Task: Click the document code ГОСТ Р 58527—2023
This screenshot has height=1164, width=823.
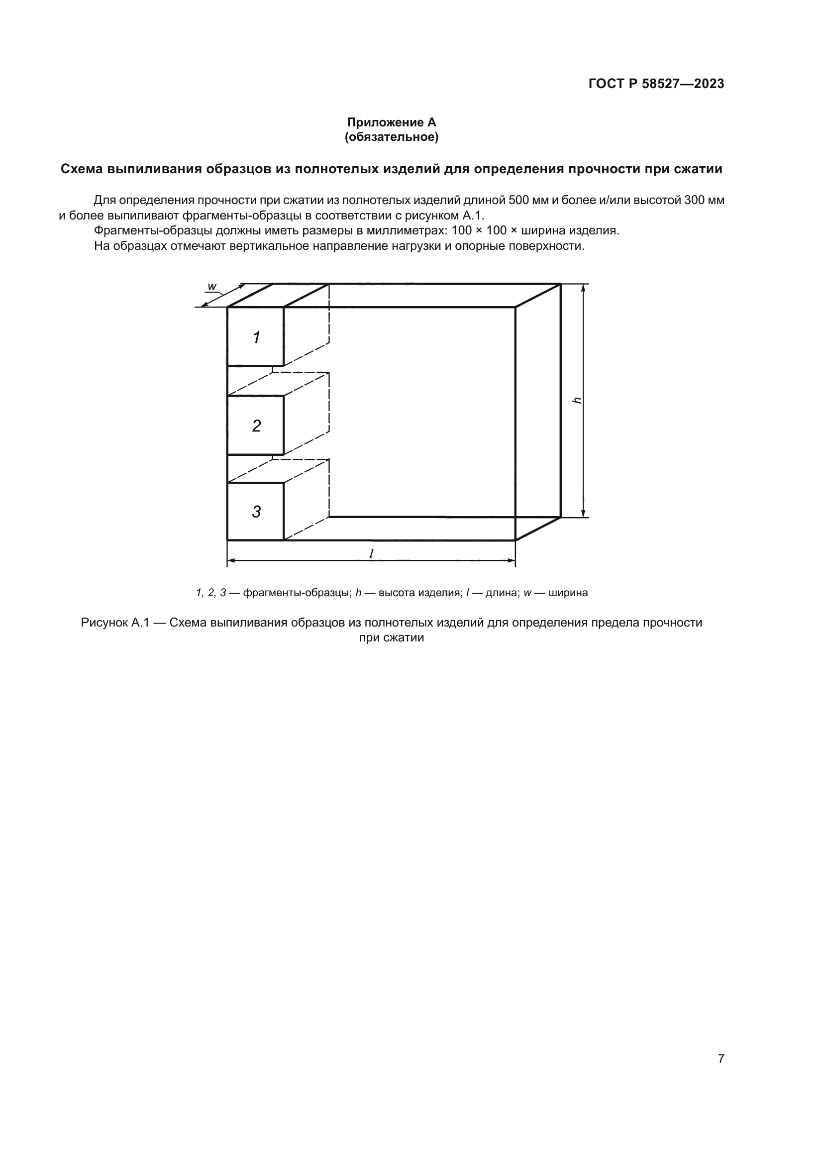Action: coord(656,84)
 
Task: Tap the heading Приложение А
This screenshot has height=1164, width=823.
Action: coord(391,122)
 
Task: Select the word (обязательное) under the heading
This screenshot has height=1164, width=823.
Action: coord(391,137)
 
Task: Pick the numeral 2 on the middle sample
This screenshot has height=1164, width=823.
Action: coord(256,426)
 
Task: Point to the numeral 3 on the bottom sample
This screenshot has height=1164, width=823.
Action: coord(256,512)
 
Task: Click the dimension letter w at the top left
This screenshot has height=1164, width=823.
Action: coord(212,287)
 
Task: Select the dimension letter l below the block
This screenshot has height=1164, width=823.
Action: coord(372,553)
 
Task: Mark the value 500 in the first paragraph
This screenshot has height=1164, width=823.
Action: coord(518,200)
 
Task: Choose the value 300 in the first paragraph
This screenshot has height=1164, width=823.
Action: coord(694,200)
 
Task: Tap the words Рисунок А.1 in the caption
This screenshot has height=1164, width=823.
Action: coord(114,623)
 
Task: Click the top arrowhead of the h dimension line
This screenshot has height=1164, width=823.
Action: coord(583,288)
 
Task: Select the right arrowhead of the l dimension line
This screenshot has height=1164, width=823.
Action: coord(512,561)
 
